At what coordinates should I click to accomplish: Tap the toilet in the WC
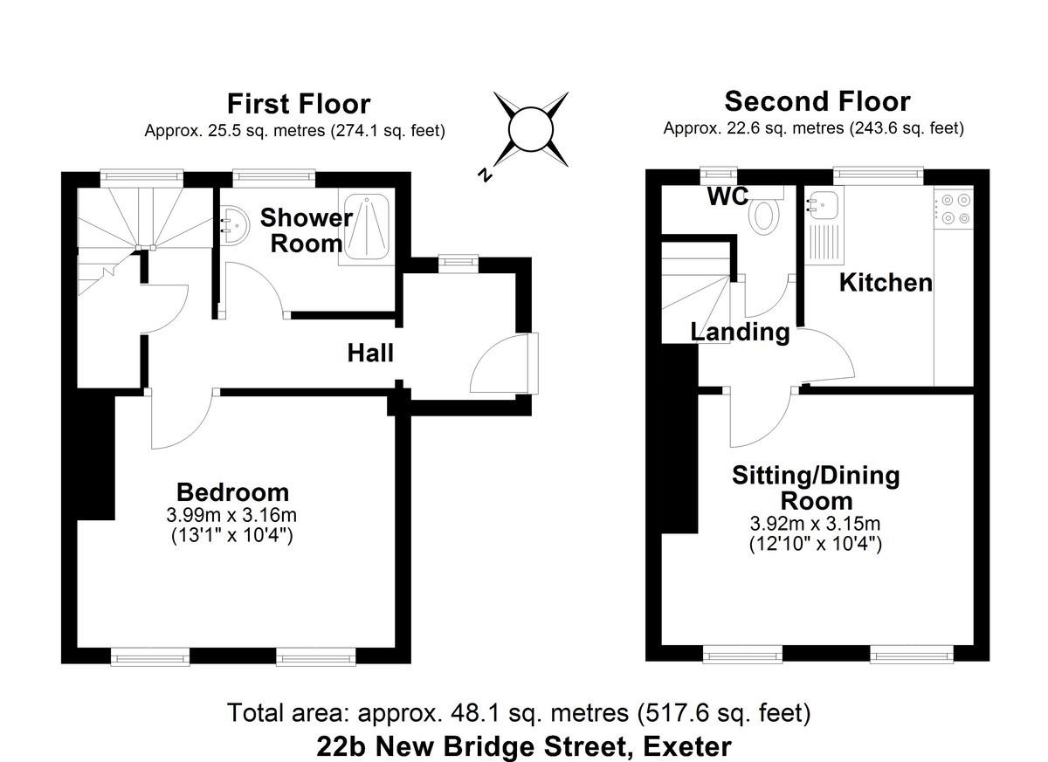pos(765,213)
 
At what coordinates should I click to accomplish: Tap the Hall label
pos(370,354)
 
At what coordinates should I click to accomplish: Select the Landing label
pos(740,333)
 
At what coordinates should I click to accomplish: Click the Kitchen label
pos(886,283)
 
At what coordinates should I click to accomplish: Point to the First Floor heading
pos(299,104)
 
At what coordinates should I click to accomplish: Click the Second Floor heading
pos(817,101)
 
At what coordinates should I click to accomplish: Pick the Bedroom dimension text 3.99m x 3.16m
pos(232,515)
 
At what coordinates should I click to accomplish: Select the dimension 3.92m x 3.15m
pos(815,525)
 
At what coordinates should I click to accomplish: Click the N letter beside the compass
pos(483,175)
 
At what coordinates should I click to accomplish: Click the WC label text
pos(727,197)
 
